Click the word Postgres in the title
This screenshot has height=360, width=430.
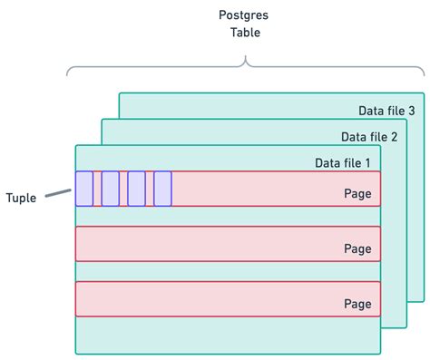pos(243,15)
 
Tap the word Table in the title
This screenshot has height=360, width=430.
pos(243,33)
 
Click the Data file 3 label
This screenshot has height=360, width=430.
pos(386,111)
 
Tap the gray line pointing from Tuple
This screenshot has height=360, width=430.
pos(59,191)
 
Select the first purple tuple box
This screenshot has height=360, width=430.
pos(84,189)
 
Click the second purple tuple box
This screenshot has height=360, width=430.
pos(111,189)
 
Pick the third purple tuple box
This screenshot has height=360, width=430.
pos(137,189)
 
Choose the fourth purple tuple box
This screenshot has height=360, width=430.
pos(163,189)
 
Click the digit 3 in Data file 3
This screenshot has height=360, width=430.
pos(411,111)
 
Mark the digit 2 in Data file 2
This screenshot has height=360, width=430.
pos(395,137)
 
